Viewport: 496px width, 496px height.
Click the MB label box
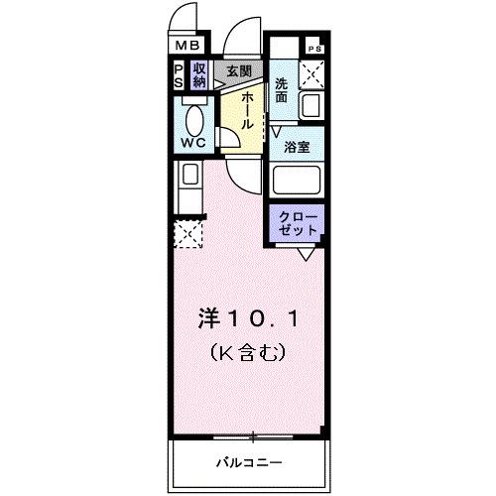tap(188, 45)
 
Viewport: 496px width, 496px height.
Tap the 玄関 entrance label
tap(237, 71)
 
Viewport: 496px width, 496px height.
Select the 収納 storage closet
tap(199, 75)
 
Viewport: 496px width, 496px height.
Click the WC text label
tap(193, 145)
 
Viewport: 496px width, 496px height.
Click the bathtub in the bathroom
tap(298, 182)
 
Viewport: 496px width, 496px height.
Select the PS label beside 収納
tap(179, 75)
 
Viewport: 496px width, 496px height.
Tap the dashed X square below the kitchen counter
tap(186, 235)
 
